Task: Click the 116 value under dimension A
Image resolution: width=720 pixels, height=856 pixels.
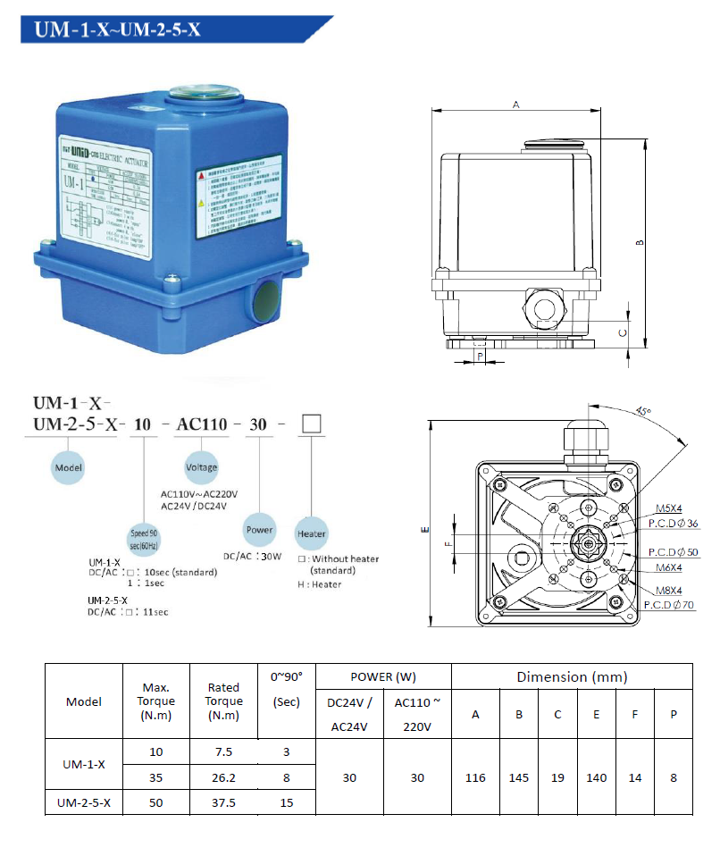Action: [x=475, y=777]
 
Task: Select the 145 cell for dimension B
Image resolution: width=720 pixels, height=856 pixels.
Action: [x=519, y=777]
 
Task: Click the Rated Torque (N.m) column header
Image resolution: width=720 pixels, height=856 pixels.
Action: [x=224, y=701]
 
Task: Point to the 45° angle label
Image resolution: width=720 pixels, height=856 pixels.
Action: [x=643, y=412]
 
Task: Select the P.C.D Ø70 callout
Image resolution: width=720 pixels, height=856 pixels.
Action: [x=668, y=605]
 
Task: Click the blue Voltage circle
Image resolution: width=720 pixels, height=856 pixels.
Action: [x=201, y=466]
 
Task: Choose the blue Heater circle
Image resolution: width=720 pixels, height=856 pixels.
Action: [x=312, y=533]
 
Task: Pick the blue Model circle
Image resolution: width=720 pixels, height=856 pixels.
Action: [x=69, y=466]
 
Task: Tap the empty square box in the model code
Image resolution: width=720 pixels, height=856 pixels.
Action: [x=311, y=424]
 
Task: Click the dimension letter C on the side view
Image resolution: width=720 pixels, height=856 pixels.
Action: [x=622, y=331]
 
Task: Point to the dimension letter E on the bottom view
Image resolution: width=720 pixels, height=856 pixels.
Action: [x=423, y=529]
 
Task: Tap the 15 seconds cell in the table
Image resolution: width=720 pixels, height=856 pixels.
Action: [x=287, y=802]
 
